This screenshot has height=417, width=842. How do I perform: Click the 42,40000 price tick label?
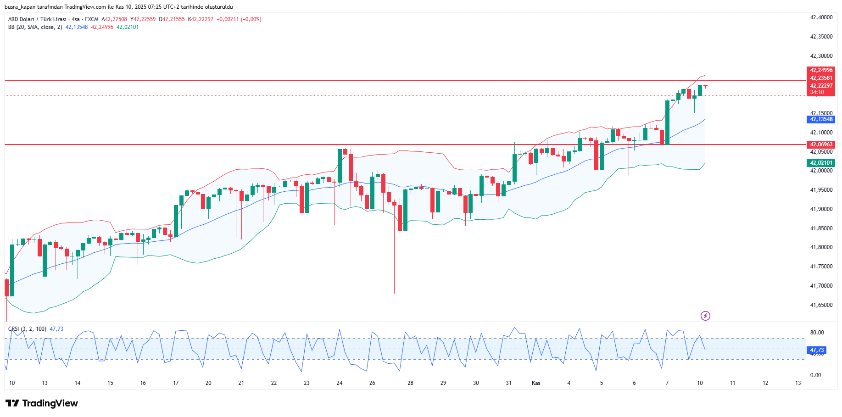[821, 17]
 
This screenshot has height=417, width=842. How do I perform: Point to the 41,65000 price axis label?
[821, 305]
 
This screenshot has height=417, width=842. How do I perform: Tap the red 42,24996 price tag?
[821, 70]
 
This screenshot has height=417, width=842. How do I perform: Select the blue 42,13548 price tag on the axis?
[821, 119]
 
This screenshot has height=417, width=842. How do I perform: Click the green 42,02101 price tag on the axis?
[821, 163]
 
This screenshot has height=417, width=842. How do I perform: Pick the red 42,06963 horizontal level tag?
[821, 145]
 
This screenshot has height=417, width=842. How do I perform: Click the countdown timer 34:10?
[817, 92]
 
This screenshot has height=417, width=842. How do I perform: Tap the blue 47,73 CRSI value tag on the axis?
[817, 350]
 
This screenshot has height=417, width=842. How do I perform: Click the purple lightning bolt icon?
[705, 316]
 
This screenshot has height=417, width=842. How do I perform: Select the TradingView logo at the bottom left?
[42, 403]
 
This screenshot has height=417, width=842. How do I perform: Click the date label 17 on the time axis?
[176, 383]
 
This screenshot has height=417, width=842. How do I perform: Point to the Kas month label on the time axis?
[536, 383]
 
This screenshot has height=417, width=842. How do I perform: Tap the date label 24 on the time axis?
[340, 383]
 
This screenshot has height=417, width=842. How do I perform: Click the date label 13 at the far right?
[798, 383]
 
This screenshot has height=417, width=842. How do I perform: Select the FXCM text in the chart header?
[91, 19]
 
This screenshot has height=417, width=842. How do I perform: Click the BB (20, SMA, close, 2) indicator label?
[35, 27]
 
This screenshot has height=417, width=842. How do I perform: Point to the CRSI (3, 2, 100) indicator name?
[27, 329]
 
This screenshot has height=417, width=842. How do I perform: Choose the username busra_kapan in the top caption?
[21, 7]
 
